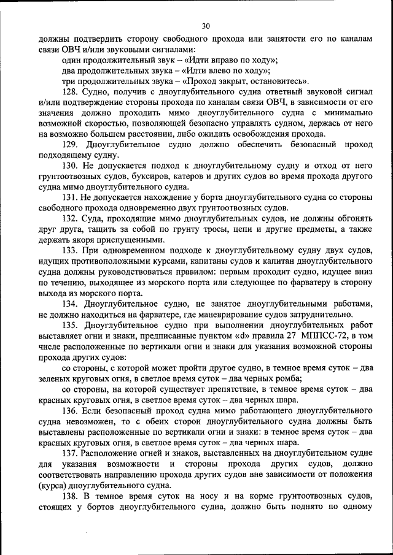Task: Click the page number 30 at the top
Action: [205, 26]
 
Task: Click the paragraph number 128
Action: [71, 91]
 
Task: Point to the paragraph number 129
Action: [71, 144]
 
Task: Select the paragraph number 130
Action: [71, 166]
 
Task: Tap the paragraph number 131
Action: [71, 197]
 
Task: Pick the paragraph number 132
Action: [71, 219]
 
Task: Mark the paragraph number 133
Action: [71, 251]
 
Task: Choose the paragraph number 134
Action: [71, 304]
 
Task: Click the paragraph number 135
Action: [71, 326]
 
